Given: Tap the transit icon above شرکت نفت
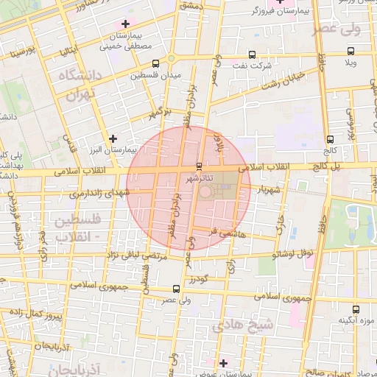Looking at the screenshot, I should point(253,54).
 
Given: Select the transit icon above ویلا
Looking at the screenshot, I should point(350,52).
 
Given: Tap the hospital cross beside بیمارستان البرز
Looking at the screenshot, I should point(113,138).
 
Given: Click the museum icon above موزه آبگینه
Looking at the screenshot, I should point(356,310).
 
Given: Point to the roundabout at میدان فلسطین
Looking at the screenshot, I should point(171,60).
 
